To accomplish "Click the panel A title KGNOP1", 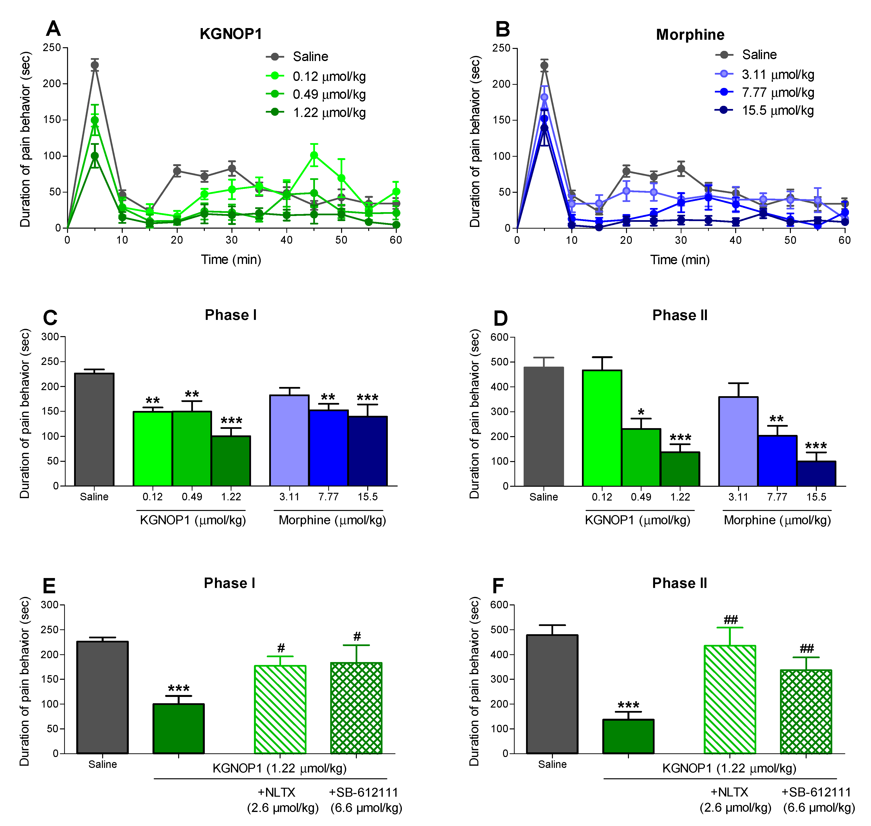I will [x=231, y=34].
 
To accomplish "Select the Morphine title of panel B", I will [x=690, y=35].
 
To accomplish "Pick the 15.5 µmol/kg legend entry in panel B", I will [x=777, y=110].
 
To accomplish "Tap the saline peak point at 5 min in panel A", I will [x=95, y=65].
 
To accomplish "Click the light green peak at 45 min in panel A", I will [x=314, y=155].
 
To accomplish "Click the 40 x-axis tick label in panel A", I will [x=286, y=240].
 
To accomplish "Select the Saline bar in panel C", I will [x=94, y=429].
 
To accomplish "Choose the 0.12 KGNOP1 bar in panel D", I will [x=602, y=428].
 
